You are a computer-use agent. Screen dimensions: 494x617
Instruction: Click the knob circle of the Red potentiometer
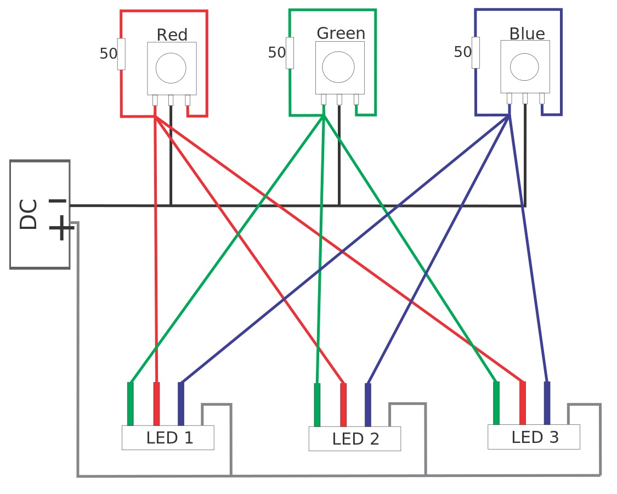pyautogui.click(x=171, y=68)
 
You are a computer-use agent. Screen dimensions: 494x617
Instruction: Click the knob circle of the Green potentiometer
pyautogui.click(x=338, y=67)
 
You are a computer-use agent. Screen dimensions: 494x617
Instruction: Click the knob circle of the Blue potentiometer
pyautogui.click(x=524, y=66)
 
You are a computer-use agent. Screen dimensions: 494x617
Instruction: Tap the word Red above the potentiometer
pyautogui.click(x=172, y=35)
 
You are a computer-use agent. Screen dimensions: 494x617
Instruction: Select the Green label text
pyautogui.click(x=341, y=33)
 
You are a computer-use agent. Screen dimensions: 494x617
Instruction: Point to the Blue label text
pyautogui.click(x=527, y=34)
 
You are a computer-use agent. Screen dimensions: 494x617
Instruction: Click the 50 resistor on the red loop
pyautogui.click(x=121, y=54)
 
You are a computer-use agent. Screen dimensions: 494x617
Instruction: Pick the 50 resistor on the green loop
pyautogui.click(x=290, y=53)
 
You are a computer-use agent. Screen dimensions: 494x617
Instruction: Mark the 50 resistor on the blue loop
pyautogui.click(x=476, y=53)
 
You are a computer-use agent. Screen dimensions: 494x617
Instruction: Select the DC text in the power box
pyautogui.click(x=29, y=214)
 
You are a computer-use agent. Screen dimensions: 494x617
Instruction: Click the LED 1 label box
pyautogui.click(x=168, y=437)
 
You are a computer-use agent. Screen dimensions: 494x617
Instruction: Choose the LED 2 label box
pyautogui.click(x=354, y=439)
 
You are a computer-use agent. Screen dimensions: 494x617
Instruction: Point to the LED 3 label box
pyautogui.click(x=534, y=437)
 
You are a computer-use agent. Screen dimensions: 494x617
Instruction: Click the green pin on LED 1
pyautogui.click(x=131, y=403)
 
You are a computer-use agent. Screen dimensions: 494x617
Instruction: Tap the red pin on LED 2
pyautogui.click(x=343, y=405)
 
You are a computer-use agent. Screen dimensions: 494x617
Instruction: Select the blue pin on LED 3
pyautogui.click(x=547, y=403)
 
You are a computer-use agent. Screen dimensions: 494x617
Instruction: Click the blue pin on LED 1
pyautogui.click(x=181, y=403)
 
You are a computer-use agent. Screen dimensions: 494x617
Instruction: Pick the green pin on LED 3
pyautogui.click(x=496, y=403)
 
